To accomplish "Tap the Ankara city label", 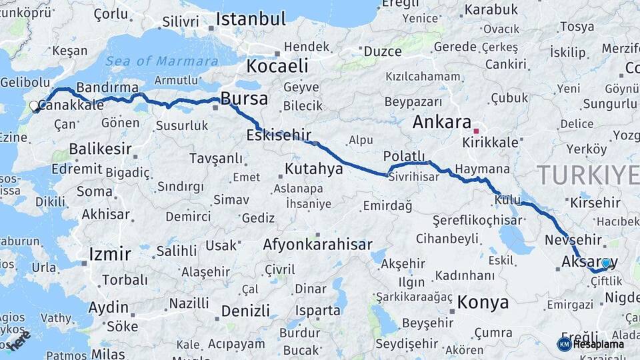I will (x=441, y=122).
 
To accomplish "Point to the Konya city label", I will (x=483, y=303).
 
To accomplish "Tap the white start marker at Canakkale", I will (x=34, y=106).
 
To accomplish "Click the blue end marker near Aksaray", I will (x=605, y=264).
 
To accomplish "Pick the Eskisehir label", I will (x=279, y=135).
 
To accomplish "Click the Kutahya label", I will (x=313, y=169).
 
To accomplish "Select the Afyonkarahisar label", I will (x=317, y=245).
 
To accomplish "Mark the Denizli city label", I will (x=245, y=311).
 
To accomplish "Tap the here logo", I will (x=20, y=340).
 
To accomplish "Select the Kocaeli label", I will (x=277, y=66).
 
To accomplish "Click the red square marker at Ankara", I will (x=476, y=131).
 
